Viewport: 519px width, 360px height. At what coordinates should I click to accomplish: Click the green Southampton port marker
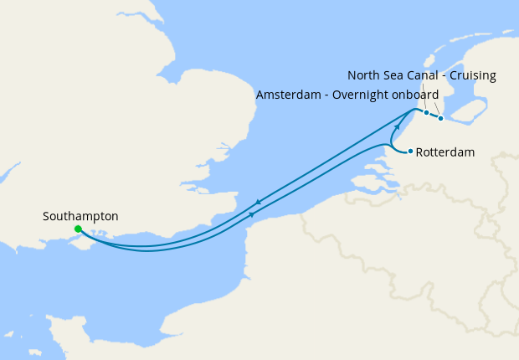coord(78,229)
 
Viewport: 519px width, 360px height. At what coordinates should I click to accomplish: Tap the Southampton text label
coord(80,216)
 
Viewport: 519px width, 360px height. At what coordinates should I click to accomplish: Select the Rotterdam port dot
coord(410,152)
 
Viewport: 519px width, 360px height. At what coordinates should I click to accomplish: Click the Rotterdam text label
coord(445,152)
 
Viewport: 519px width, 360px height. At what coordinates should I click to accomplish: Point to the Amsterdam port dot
coord(426,112)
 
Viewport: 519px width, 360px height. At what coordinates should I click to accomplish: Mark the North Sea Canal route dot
coord(441,118)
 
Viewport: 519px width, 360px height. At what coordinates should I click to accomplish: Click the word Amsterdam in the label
coord(286,95)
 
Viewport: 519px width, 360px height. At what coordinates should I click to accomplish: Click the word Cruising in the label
coord(471,75)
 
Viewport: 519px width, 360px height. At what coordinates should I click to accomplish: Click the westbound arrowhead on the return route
coord(258,202)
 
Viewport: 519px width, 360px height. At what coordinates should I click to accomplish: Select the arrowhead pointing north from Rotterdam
coord(398,126)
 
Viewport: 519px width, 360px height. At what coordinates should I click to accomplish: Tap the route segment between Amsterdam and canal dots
coord(434,116)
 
